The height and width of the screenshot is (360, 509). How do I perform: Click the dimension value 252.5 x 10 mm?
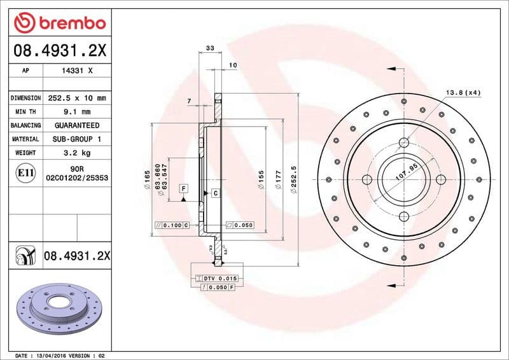76,98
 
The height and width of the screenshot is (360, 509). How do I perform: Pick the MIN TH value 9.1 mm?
76,112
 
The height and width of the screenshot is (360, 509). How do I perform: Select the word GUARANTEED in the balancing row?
76,125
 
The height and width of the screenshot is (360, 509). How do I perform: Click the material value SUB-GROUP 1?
76,139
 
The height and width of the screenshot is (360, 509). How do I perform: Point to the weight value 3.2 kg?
76,153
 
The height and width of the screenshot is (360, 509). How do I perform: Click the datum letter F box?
183,188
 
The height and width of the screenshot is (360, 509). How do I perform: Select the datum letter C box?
215,193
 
